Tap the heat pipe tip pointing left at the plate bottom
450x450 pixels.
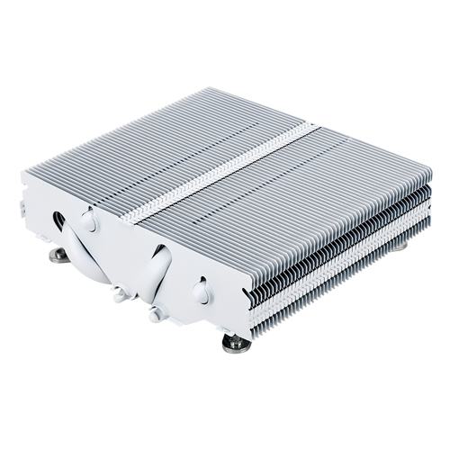[120, 290]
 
